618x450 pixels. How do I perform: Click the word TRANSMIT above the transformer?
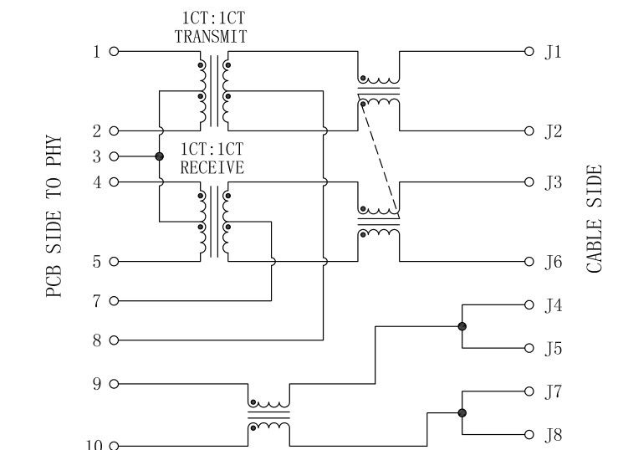(210, 37)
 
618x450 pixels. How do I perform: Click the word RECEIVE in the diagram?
(212, 168)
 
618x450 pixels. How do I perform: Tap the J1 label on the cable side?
(554, 52)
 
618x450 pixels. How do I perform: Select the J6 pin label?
(554, 262)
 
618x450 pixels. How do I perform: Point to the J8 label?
(554, 435)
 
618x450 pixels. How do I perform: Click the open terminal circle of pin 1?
(115, 52)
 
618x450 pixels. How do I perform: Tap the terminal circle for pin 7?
(115, 300)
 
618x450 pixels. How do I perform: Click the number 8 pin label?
(97, 340)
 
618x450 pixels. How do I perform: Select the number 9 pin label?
(97, 384)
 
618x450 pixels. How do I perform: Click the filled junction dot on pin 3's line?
(159, 156)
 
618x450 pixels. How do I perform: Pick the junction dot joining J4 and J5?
(462, 326)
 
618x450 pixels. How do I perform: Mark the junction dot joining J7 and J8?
(462, 412)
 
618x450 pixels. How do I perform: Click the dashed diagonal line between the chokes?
(378, 156)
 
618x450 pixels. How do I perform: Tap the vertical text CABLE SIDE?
(594, 219)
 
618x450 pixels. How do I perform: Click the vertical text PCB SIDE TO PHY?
(54, 216)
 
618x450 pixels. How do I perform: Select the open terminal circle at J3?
(529, 182)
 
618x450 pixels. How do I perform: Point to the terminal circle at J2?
(529, 130)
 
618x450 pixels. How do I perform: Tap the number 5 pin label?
(97, 262)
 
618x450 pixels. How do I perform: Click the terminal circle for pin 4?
(115, 182)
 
